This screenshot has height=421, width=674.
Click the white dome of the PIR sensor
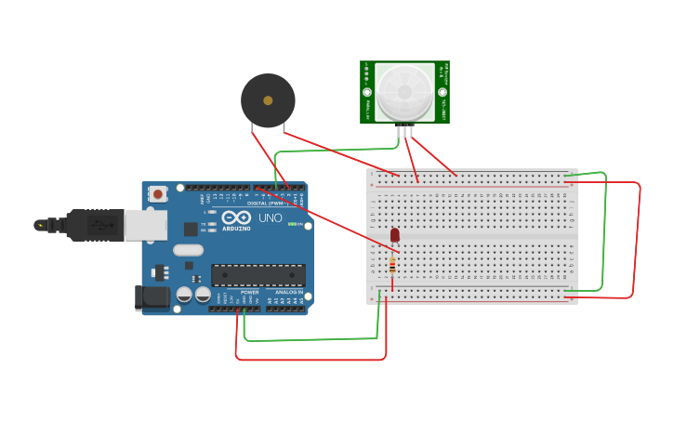point(404,91)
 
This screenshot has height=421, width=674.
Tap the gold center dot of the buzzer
point(268,100)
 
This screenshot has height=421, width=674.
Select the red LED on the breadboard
point(394,235)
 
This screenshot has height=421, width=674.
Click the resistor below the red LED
point(392,266)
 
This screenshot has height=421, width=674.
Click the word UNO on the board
point(270,217)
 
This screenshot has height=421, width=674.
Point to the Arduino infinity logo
point(236,217)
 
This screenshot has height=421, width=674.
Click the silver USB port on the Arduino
point(146,225)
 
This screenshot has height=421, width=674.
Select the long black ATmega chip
point(258,275)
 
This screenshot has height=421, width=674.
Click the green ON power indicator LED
point(293,224)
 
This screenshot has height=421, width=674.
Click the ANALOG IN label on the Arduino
point(285,291)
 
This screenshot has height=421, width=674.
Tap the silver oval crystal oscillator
point(188,249)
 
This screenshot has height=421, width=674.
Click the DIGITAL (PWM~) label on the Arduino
point(265,203)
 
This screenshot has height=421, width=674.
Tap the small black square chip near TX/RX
point(191,229)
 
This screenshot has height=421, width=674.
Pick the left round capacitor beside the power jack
point(184,295)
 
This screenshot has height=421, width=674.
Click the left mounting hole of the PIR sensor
point(367,93)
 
